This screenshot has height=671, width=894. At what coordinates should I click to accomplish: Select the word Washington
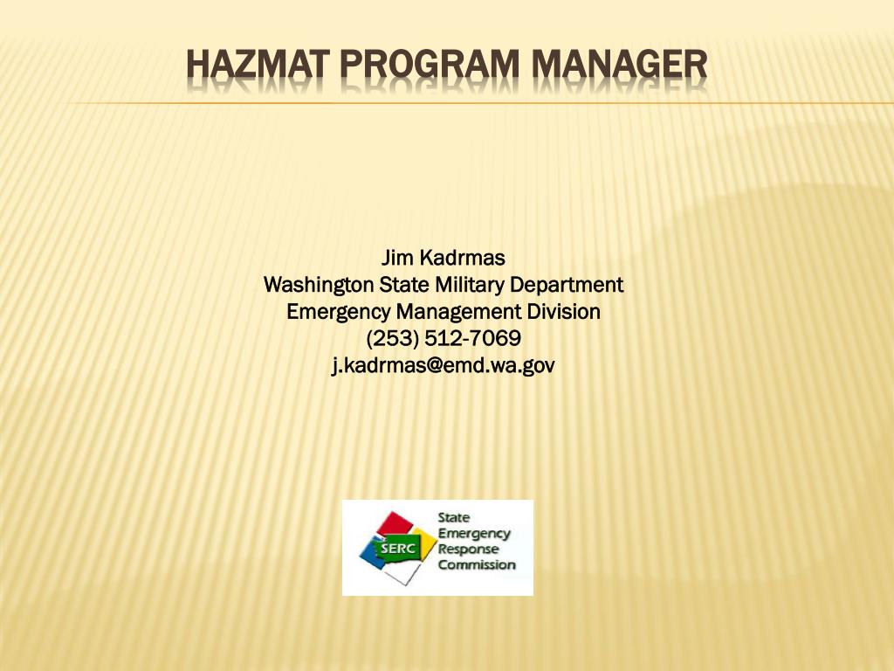(x=319, y=285)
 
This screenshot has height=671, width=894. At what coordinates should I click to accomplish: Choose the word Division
(x=563, y=311)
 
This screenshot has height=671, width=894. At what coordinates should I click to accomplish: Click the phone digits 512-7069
(x=472, y=338)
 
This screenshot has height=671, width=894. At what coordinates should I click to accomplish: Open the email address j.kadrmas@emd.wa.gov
(x=444, y=365)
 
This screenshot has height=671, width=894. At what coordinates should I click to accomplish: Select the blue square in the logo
(x=371, y=554)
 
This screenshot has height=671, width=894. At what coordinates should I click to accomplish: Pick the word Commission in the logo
(x=477, y=564)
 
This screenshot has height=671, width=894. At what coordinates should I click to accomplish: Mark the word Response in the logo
(x=468, y=549)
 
